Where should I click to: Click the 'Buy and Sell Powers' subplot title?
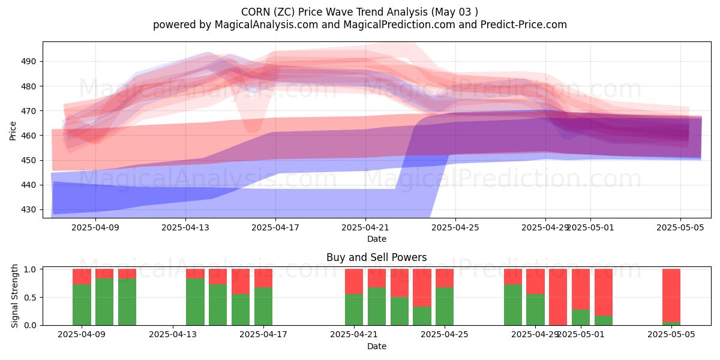pos(377,257)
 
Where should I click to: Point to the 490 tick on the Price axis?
pos(29,61)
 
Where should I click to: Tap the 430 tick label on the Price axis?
pos(29,210)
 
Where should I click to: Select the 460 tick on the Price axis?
pos(29,136)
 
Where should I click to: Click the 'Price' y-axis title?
pos(13,130)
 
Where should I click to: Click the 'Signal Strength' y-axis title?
pos(16,297)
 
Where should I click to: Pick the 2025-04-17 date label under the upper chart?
pos(275,227)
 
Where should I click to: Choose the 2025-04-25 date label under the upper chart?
pos(455,227)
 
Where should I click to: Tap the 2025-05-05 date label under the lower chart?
pos(671,334)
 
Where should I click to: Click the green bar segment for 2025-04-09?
pos(82,305)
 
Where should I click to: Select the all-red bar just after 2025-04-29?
pos(558,297)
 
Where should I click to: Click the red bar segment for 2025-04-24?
pos(422,287)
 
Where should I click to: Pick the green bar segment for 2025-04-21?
pos(354,310)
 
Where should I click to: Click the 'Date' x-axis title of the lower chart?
pos(377,346)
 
